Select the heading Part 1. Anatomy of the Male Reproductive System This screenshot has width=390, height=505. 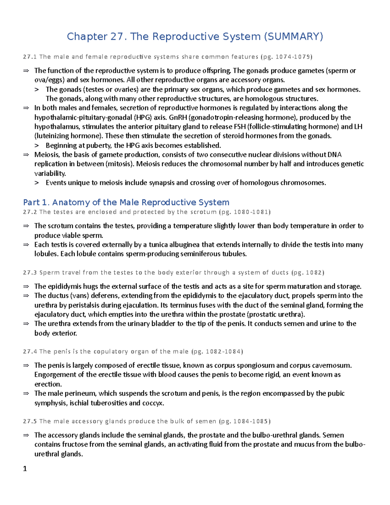tap(126, 203)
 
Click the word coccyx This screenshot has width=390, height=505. tap(153, 403)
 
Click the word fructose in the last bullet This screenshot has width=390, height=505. tap(75, 445)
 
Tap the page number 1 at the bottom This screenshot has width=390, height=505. tap(25, 469)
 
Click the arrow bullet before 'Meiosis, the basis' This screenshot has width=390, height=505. tap(26, 155)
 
